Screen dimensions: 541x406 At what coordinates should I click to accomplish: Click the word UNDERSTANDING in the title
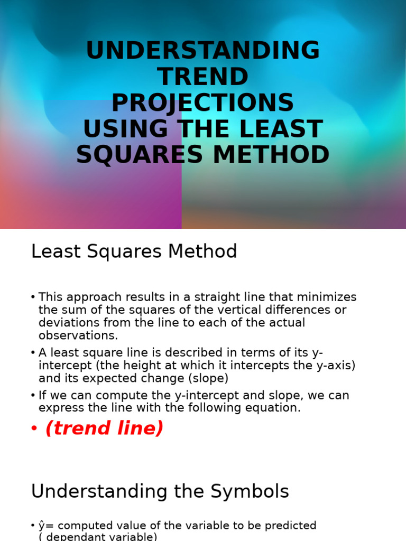pyautogui.click(x=203, y=51)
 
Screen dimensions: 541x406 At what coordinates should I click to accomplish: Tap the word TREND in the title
pyautogui.click(x=203, y=77)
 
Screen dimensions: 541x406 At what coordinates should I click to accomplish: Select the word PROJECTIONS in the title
pyautogui.click(x=203, y=103)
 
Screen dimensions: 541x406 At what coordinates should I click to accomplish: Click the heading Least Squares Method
pyautogui.click(x=134, y=251)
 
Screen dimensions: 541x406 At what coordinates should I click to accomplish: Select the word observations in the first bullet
pyautogui.click(x=78, y=335)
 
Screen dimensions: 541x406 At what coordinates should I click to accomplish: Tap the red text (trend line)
pyautogui.click(x=105, y=428)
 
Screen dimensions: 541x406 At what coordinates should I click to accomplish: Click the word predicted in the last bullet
pyautogui.click(x=288, y=526)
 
